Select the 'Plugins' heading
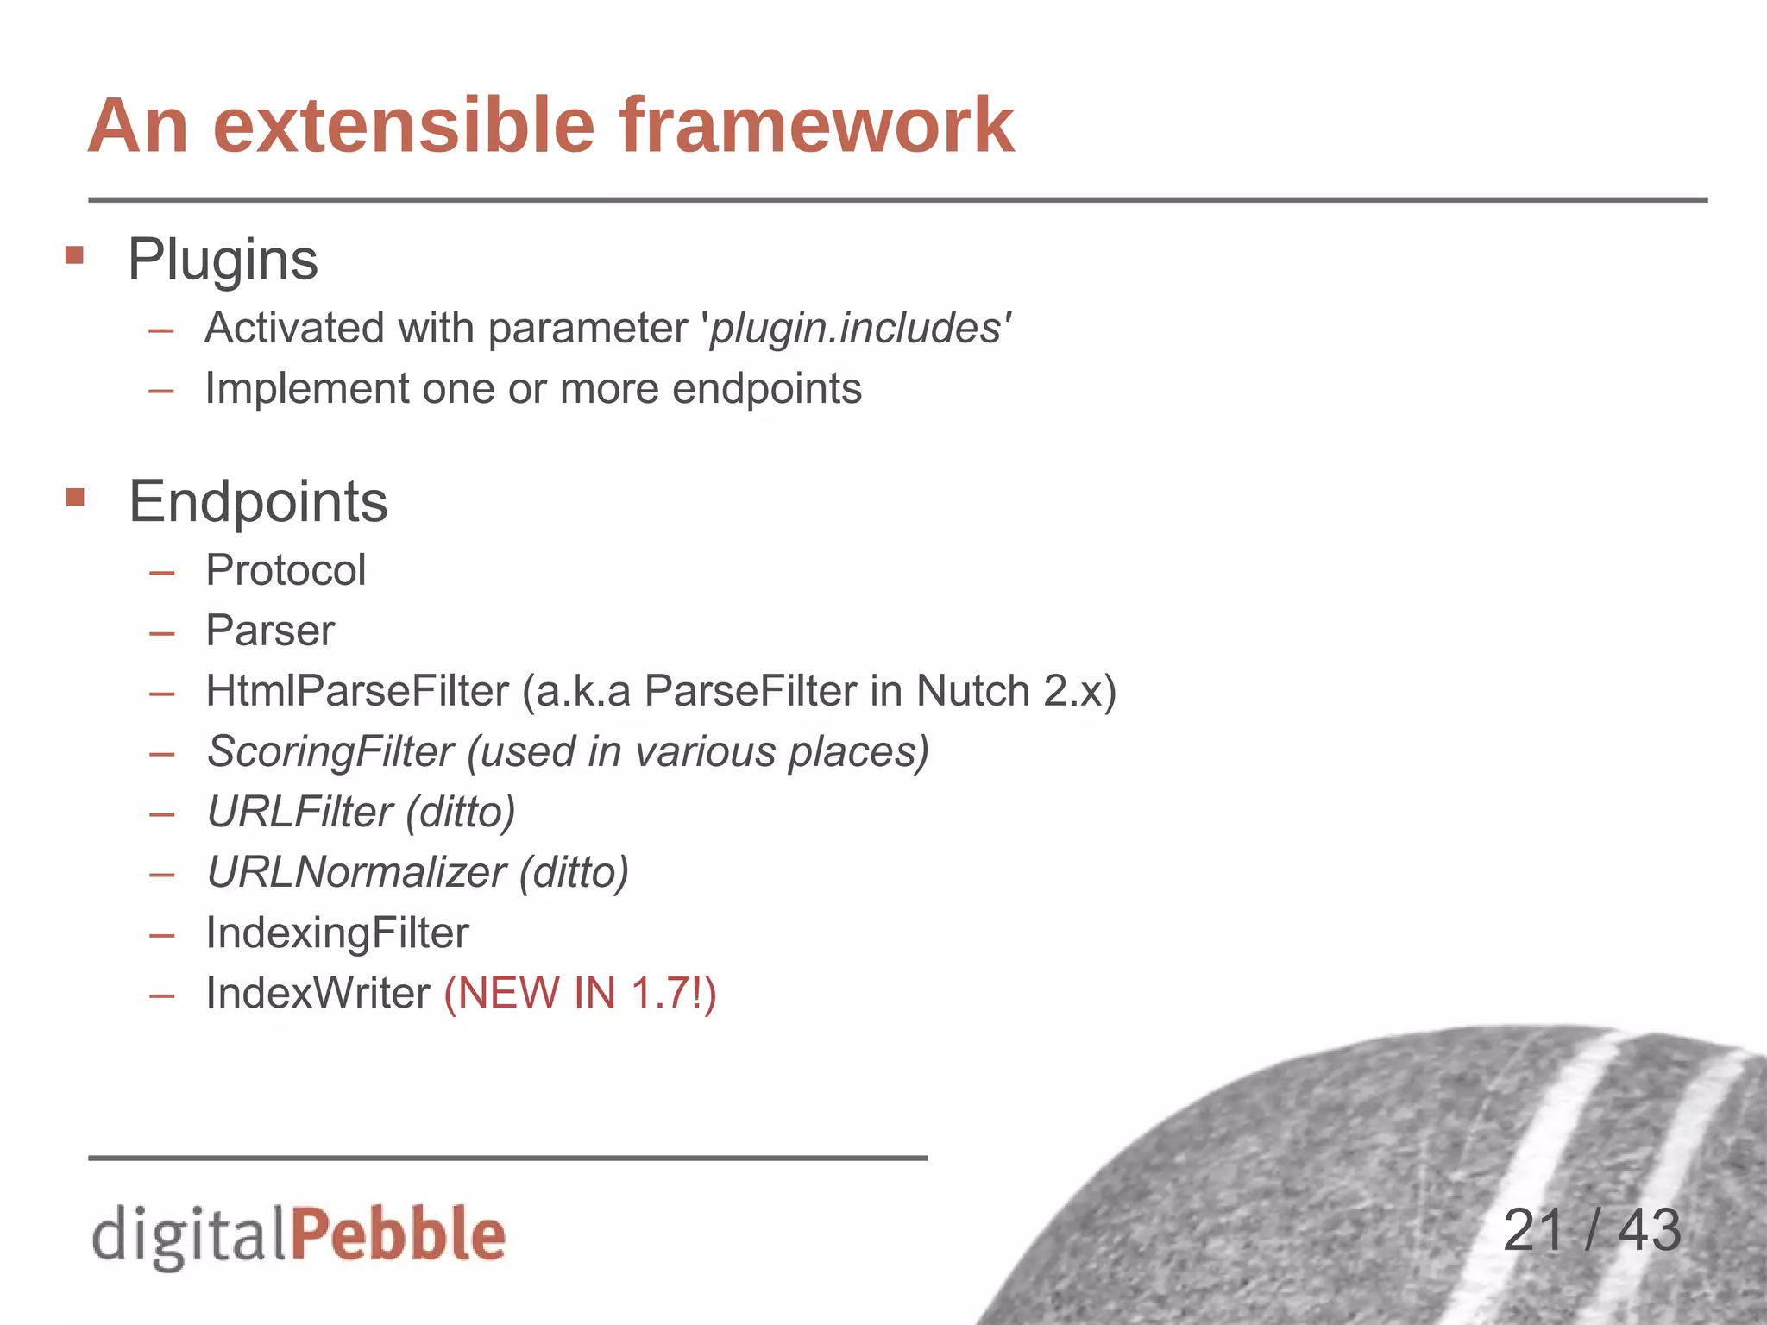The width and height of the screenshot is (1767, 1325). [223, 259]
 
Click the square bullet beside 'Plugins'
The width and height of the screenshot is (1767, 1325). [75, 255]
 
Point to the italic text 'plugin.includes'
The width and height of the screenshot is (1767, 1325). [855, 329]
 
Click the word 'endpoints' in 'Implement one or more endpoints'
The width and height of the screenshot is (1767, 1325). [766, 388]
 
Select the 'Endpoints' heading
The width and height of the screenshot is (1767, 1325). [258, 501]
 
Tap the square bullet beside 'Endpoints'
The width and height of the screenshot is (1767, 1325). [75, 497]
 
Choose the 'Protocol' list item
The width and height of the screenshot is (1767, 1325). [286, 570]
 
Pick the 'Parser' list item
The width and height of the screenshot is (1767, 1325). [270, 631]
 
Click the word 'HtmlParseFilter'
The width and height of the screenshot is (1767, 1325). [357, 691]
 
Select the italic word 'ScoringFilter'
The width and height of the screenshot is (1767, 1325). [330, 751]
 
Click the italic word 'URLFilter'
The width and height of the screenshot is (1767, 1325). [299, 812]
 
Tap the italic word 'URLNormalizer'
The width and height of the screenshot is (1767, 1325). [355, 872]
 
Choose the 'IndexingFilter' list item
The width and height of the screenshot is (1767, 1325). [337, 933]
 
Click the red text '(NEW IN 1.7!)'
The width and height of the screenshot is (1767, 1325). [580, 993]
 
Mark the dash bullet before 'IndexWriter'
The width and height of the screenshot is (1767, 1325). [161, 995]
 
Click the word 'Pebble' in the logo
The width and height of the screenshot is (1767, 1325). [398, 1234]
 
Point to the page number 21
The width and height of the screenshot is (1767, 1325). [1533, 1230]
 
